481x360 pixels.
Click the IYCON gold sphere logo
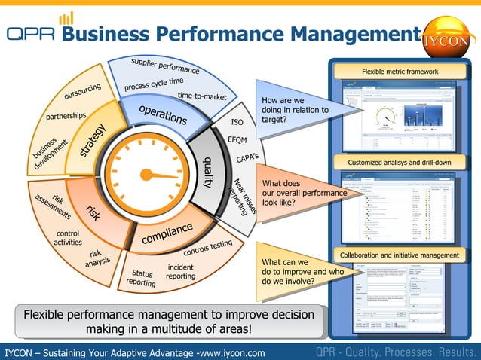point(448,38)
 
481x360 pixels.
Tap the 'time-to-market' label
point(202,97)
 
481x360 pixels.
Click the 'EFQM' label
point(237,140)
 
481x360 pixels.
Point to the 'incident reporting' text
point(181,272)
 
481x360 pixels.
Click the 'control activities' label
point(69,238)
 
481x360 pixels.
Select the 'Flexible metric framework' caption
point(400,72)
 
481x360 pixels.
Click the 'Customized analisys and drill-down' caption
point(400,163)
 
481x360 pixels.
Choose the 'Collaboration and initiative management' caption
point(400,255)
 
